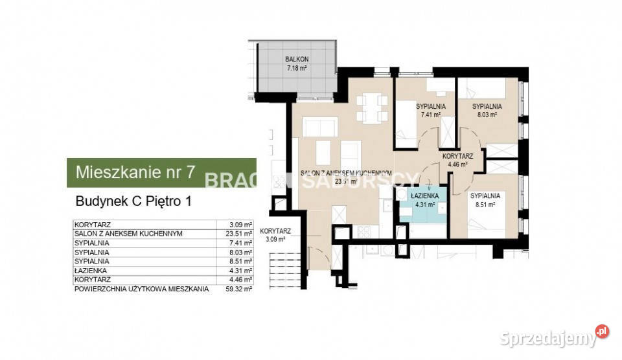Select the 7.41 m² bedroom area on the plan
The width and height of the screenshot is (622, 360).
430,115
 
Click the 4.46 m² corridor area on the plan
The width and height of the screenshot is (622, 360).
457,164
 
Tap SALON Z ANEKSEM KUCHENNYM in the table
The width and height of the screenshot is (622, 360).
128,233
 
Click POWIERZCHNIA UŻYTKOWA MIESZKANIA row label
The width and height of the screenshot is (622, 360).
141,289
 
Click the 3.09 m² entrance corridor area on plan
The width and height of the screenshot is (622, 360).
275,238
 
